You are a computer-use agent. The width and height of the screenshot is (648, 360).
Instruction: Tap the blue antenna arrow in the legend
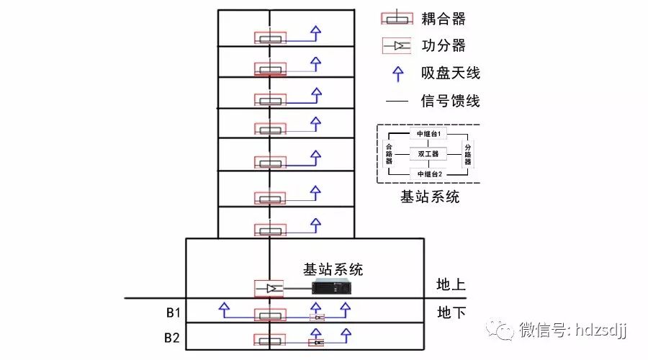click(397, 72)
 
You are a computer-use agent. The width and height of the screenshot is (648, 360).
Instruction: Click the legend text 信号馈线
click(451, 100)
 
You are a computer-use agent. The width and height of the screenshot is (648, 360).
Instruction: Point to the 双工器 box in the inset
click(424, 153)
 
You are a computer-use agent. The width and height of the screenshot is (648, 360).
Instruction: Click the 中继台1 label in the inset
click(423, 134)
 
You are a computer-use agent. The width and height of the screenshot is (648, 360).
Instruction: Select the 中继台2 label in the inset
click(423, 173)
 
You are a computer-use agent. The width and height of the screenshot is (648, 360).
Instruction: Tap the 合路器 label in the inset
click(390, 153)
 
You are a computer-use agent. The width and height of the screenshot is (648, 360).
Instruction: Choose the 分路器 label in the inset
click(467, 153)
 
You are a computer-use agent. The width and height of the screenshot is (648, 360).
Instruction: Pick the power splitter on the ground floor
click(270, 288)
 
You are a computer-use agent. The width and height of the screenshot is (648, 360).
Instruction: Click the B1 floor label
click(173, 314)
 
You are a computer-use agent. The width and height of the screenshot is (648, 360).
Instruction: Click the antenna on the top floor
click(315, 32)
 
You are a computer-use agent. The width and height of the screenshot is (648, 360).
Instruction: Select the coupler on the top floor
click(270, 38)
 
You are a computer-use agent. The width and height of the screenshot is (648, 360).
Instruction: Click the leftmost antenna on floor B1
click(224, 309)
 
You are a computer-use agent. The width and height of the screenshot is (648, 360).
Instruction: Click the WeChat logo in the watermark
click(500, 330)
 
